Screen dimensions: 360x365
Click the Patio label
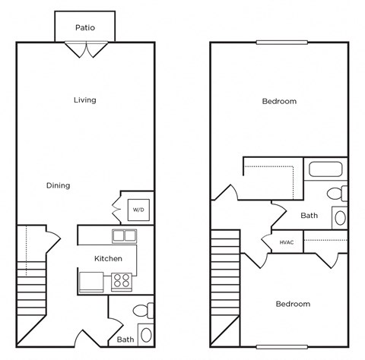(x=85, y=27)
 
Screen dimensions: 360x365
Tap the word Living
(x=85, y=100)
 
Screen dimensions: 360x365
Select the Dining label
(x=58, y=185)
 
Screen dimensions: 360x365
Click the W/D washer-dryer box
(x=138, y=209)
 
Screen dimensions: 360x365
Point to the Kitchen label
(x=108, y=259)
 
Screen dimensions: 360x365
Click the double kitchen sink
(x=124, y=235)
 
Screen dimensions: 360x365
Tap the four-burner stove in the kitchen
(x=122, y=282)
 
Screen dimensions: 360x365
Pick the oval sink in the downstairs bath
(x=146, y=334)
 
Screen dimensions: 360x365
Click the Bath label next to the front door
(x=125, y=339)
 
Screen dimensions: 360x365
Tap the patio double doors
(x=85, y=49)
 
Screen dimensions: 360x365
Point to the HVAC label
(x=287, y=242)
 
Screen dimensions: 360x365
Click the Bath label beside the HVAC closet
(x=309, y=216)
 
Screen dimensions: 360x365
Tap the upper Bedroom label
(x=279, y=101)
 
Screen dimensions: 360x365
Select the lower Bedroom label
(x=293, y=304)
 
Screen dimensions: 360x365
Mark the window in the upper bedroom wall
(x=279, y=42)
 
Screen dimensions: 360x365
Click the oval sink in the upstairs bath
(x=340, y=218)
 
